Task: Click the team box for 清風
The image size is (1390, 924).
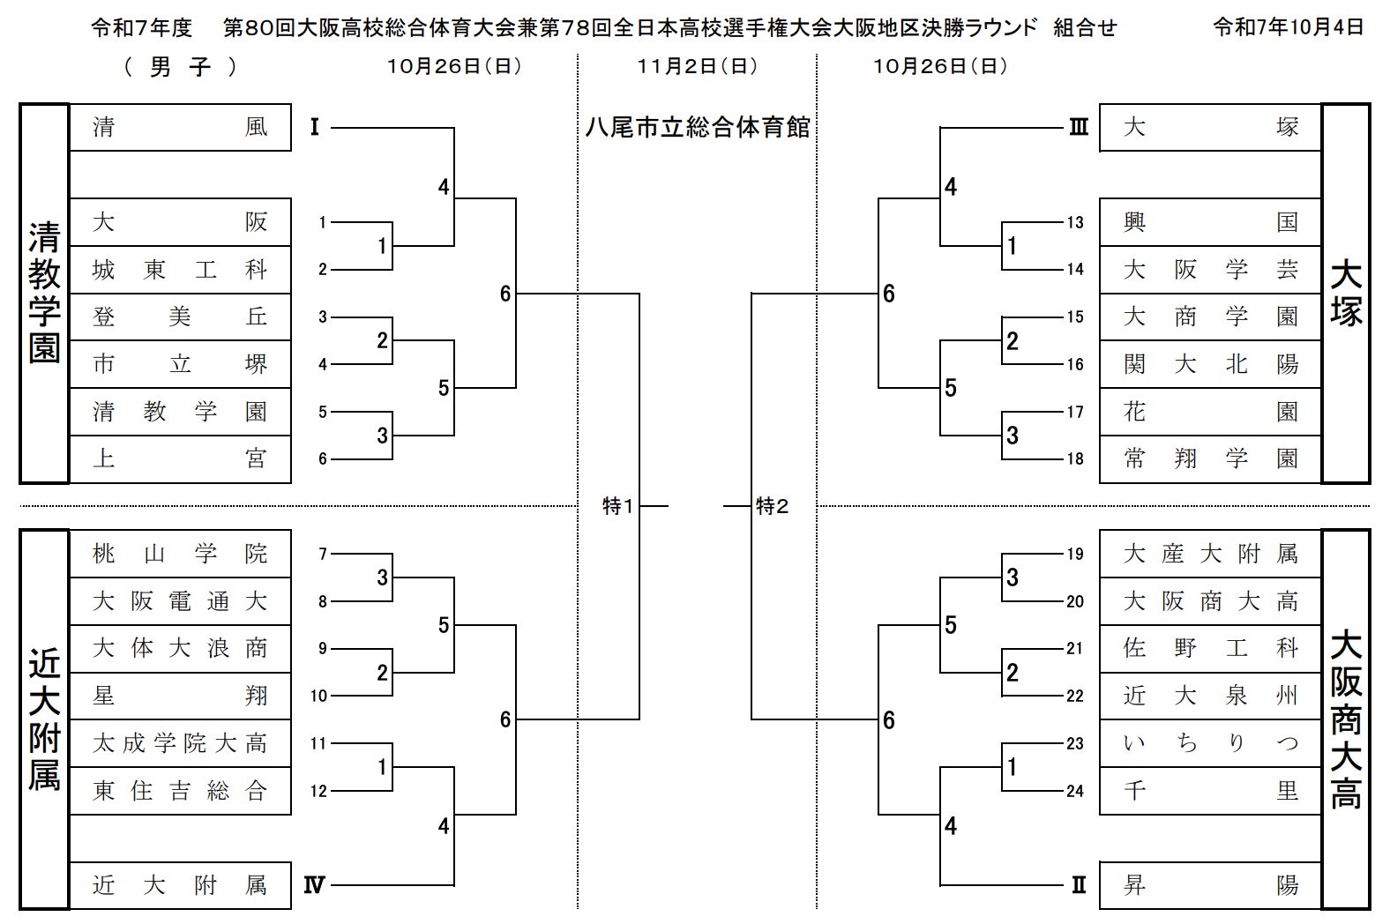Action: pos(180,127)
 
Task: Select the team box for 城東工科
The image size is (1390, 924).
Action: pos(180,270)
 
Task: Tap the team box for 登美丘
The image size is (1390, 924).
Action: pos(180,317)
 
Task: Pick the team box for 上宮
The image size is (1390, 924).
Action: pos(180,458)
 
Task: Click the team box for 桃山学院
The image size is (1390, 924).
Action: pos(180,554)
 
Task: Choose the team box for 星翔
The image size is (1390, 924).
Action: pos(180,696)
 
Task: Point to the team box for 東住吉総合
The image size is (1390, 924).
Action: pos(180,791)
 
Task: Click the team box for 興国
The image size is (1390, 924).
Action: pos(1210,222)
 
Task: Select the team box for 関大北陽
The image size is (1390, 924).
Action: pos(1210,364)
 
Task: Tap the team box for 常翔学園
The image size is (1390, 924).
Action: pos(1210,458)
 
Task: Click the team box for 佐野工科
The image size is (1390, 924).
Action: pos(1210,649)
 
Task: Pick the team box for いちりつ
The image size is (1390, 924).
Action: pos(1210,743)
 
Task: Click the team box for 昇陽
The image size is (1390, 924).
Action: pos(1210,885)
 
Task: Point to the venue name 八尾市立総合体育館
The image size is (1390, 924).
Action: pos(697,128)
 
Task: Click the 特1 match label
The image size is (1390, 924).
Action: pos(617,506)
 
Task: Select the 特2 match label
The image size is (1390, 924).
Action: pos(773,506)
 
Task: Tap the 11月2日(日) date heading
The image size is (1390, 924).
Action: pos(697,66)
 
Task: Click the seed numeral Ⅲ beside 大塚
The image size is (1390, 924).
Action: pos(1078,128)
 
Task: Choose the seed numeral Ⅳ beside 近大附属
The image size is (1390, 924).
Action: pos(314,885)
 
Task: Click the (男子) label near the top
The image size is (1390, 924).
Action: pos(180,67)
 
